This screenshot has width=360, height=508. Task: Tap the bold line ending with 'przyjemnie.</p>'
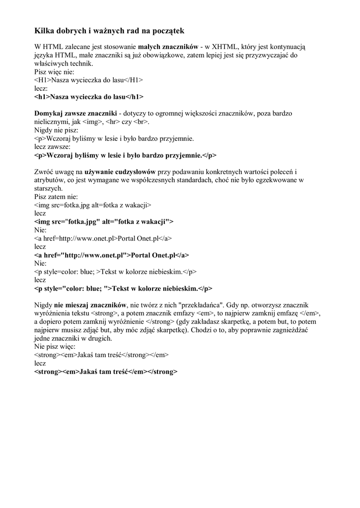click(126, 155)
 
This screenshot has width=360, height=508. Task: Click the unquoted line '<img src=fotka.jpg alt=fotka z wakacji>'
click(93, 205)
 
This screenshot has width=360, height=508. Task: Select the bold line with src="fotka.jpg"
click(104, 222)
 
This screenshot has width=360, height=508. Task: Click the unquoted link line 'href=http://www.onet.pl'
click(103, 239)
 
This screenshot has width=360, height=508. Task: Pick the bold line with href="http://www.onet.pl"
click(112, 255)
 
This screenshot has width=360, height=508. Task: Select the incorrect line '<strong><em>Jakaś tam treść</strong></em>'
click(102, 356)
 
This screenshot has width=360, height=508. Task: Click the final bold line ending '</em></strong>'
click(106, 372)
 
